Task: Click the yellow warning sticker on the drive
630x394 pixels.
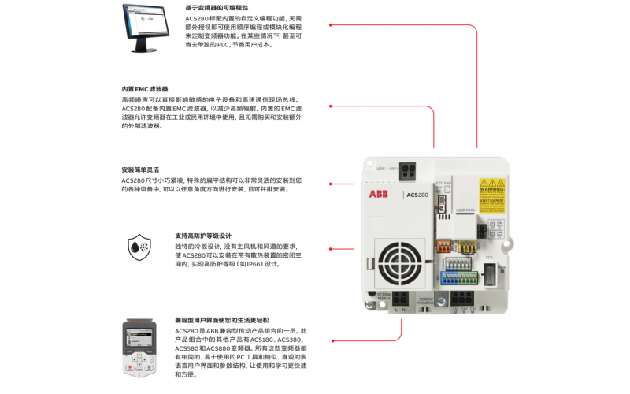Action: coord(492,191)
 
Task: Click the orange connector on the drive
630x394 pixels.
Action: coord(444,246)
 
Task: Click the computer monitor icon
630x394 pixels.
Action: coord(142,27)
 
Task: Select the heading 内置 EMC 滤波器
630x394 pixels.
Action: coord(145,89)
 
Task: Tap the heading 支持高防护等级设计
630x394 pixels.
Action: coord(203,236)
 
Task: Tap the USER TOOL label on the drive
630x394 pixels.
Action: coord(465,210)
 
